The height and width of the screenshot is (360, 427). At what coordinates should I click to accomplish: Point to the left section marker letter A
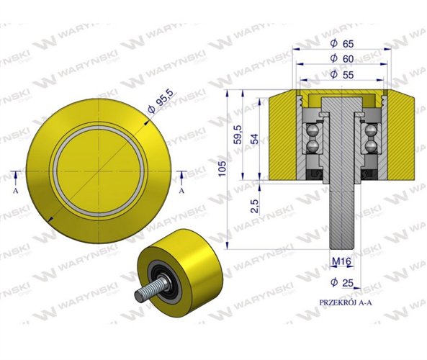tap(16, 192)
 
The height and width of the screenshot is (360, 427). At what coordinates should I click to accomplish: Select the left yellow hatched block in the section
tap(282, 137)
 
